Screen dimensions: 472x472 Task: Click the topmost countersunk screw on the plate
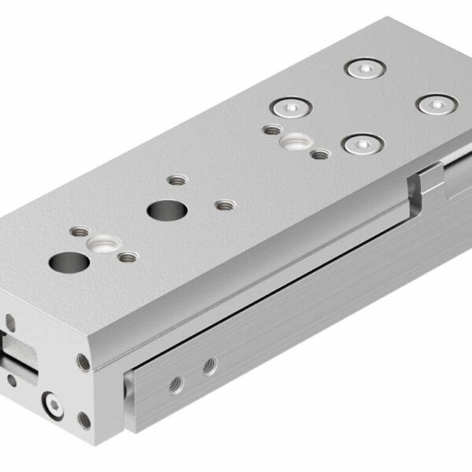tap(365, 68)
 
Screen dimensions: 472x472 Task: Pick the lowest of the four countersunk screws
tap(362, 143)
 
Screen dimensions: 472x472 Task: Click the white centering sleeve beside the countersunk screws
tap(296, 142)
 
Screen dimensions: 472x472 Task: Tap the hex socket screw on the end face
tap(53, 405)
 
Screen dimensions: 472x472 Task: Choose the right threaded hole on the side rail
tap(209, 365)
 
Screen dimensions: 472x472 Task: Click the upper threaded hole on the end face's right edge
tap(83, 361)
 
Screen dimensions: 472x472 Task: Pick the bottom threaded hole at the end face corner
tap(84, 419)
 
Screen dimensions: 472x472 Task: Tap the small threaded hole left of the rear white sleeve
tap(271, 130)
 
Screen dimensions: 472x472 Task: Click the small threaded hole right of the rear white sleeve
tap(319, 154)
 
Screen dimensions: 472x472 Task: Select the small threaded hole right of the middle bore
tap(225, 205)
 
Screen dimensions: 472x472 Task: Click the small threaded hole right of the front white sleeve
tap(125, 256)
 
